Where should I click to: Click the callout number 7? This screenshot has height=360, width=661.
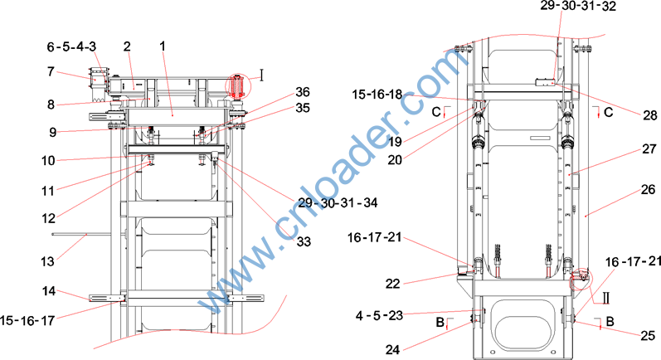pos(51,71)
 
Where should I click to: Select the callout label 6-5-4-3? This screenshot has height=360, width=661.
pos(71,46)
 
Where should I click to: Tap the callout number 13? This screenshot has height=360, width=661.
pos(47,261)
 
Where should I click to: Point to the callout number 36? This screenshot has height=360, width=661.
pos(302,92)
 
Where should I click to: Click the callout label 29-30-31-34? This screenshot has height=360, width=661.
pos(338,202)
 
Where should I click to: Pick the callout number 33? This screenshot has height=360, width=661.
pos(304,241)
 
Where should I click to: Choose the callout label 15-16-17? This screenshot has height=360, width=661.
pos(27,320)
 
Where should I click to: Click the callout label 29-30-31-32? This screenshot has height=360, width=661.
pos(578,6)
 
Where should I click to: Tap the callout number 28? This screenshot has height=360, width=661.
pos(649,115)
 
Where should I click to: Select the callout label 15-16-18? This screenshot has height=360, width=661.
pos(377,95)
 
